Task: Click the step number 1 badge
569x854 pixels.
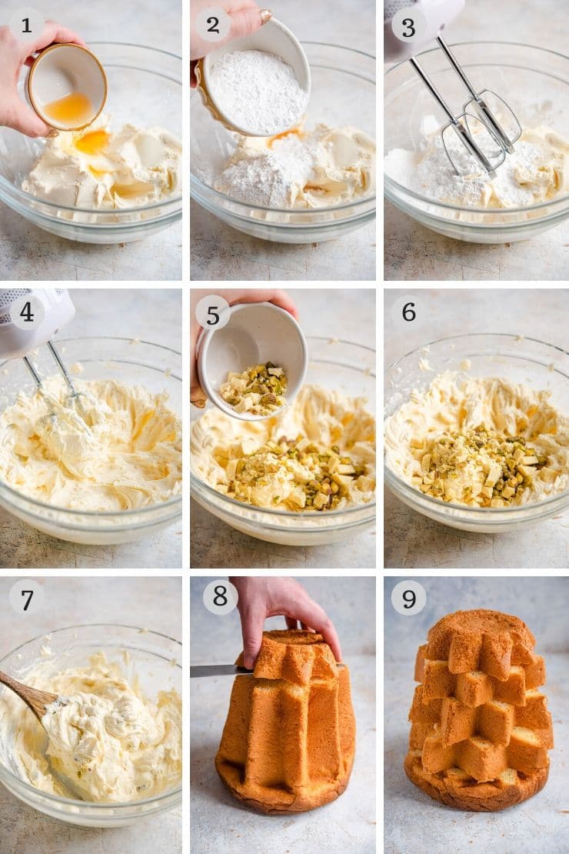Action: pyautogui.click(x=26, y=25)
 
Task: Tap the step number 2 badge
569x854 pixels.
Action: pyautogui.click(x=213, y=25)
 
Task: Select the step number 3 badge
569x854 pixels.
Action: pyautogui.click(x=408, y=28)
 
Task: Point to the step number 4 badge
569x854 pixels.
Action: pyautogui.click(x=27, y=312)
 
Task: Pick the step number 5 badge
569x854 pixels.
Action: pyautogui.click(x=213, y=314)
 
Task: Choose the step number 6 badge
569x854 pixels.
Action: pyautogui.click(x=408, y=312)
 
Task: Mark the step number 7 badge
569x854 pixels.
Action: pyautogui.click(x=27, y=599)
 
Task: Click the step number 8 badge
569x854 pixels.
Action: pyautogui.click(x=220, y=596)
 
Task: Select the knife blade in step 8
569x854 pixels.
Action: pyautogui.click(x=221, y=671)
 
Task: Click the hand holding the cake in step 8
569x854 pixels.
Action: pyautogui.click(x=283, y=615)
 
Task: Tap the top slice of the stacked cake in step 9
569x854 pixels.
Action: pyautogui.click(x=478, y=640)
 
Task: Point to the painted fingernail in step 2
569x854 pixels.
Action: pyautogui.click(x=266, y=16)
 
